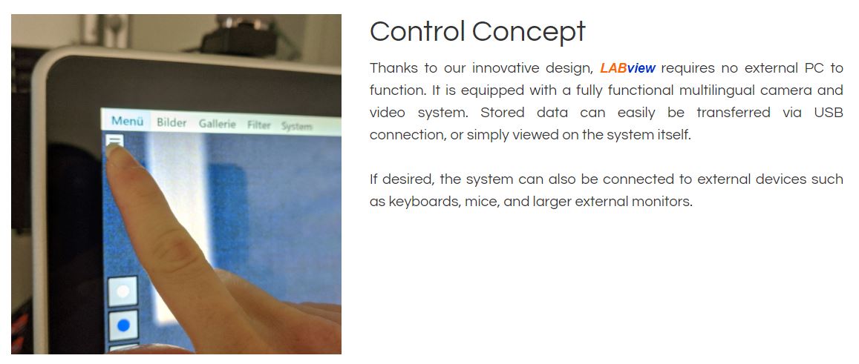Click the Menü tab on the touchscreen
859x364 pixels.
[127, 121]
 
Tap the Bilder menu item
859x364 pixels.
[172, 122]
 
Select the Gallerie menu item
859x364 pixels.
[217, 125]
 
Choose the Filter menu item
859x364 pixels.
[258, 125]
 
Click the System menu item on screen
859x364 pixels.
[296, 127]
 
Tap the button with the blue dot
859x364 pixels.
[123, 325]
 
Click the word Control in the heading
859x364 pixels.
[417, 31]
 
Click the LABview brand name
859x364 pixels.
[628, 68]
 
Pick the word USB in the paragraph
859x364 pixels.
[829, 113]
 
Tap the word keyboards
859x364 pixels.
[423, 202]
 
